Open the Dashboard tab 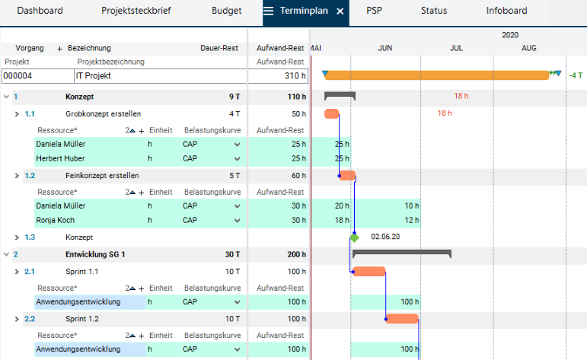click(40, 11)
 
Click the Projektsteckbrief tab click(136, 11)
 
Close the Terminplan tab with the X click(340, 11)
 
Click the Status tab click(434, 11)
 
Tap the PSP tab click(374, 11)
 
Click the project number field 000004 click(37, 76)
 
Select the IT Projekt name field click(160, 76)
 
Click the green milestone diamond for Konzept click(354, 237)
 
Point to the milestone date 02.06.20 click(385, 237)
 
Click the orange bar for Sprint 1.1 click(369, 272)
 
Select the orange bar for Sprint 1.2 click(403, 319)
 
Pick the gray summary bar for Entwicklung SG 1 click(402, 252)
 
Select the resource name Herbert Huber click(61, 158)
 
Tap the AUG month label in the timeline click(528, 48)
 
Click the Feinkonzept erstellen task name click(102, 175)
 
